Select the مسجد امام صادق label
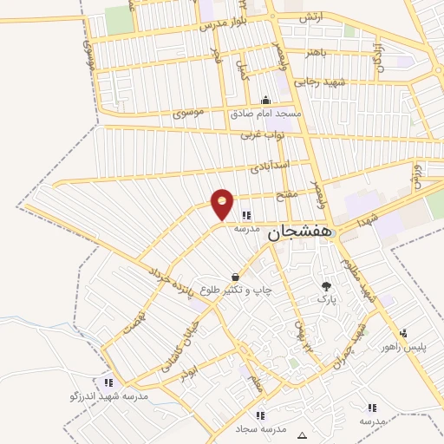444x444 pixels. (x=265, y=114)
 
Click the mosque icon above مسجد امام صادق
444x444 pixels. (x=265, y=100)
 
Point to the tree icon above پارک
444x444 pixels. (x=326, y=285)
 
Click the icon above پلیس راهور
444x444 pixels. (x=404, y=333)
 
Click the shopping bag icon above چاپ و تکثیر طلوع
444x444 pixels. (x=235, y=277)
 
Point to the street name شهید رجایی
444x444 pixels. (x=319, y=82)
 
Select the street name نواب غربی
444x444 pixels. (x=263, y=135)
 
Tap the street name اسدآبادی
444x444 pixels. (x=269, y=164)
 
